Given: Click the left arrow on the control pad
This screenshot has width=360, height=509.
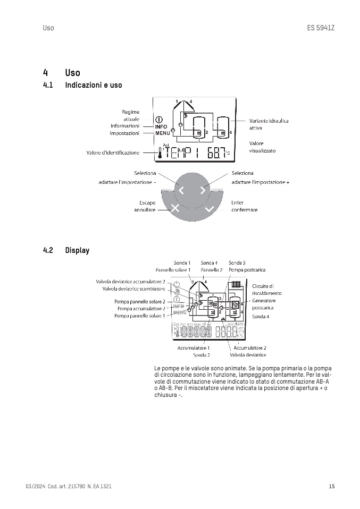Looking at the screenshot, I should (181, 190).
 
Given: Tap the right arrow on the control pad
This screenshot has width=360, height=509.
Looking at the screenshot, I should (203, 190).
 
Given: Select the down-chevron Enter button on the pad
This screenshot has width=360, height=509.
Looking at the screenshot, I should (209, 209).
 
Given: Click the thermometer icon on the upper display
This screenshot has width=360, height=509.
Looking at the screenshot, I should (159, 154).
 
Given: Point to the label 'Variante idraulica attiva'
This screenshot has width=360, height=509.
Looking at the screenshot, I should (269, 124).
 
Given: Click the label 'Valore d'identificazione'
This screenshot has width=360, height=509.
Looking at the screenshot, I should (113, 153).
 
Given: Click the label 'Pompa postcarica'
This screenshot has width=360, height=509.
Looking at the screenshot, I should (244, 270).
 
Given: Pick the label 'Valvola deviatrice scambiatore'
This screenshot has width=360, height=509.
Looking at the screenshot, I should (133, 289).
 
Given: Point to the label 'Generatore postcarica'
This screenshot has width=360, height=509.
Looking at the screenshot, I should (264, 304).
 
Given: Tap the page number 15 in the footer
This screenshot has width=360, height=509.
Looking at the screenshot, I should (331, 487).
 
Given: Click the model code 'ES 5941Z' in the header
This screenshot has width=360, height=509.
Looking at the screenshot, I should (321, 28).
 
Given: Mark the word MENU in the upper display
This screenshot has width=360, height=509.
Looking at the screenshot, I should (163, 133).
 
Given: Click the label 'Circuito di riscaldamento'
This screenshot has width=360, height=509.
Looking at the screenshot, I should (266, 290).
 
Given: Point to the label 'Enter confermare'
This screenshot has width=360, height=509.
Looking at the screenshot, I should (244, 206).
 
